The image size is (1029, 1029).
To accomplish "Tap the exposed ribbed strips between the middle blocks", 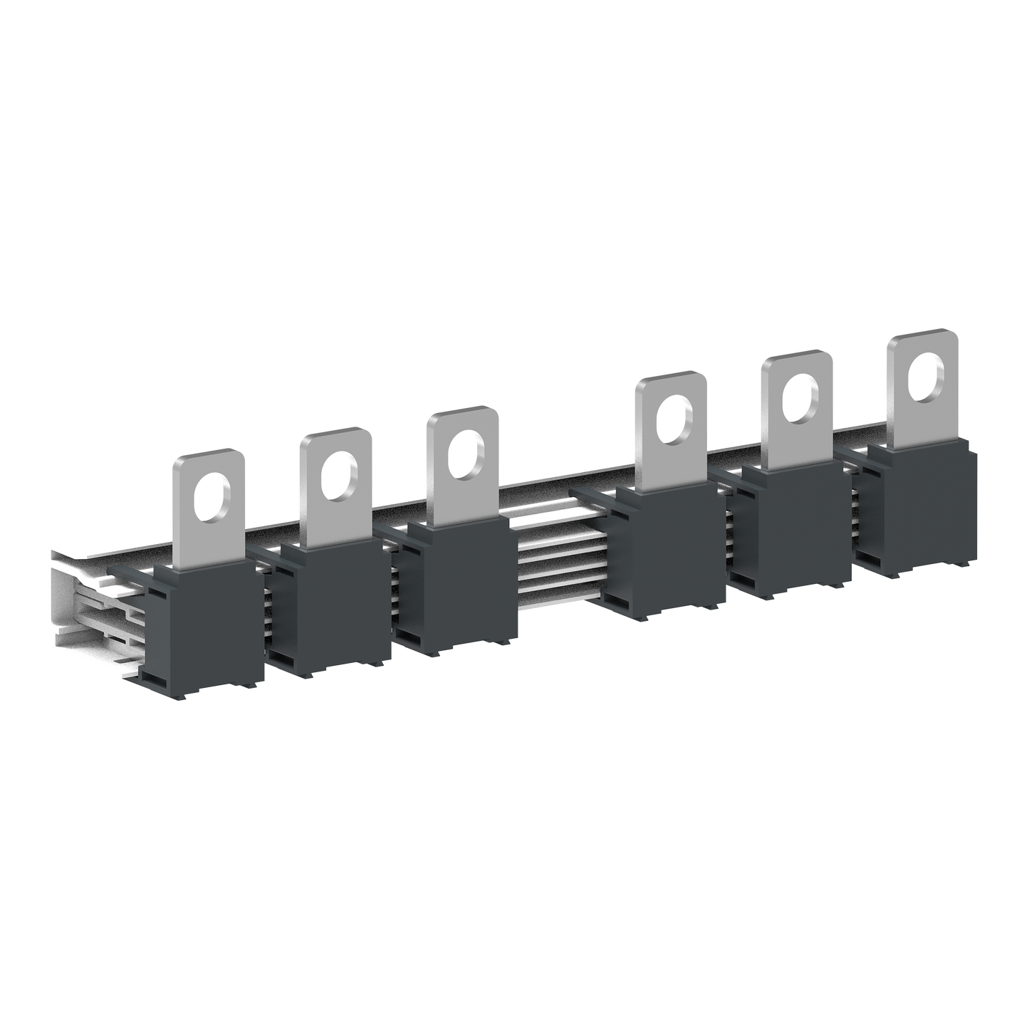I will [x=548, y=563].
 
